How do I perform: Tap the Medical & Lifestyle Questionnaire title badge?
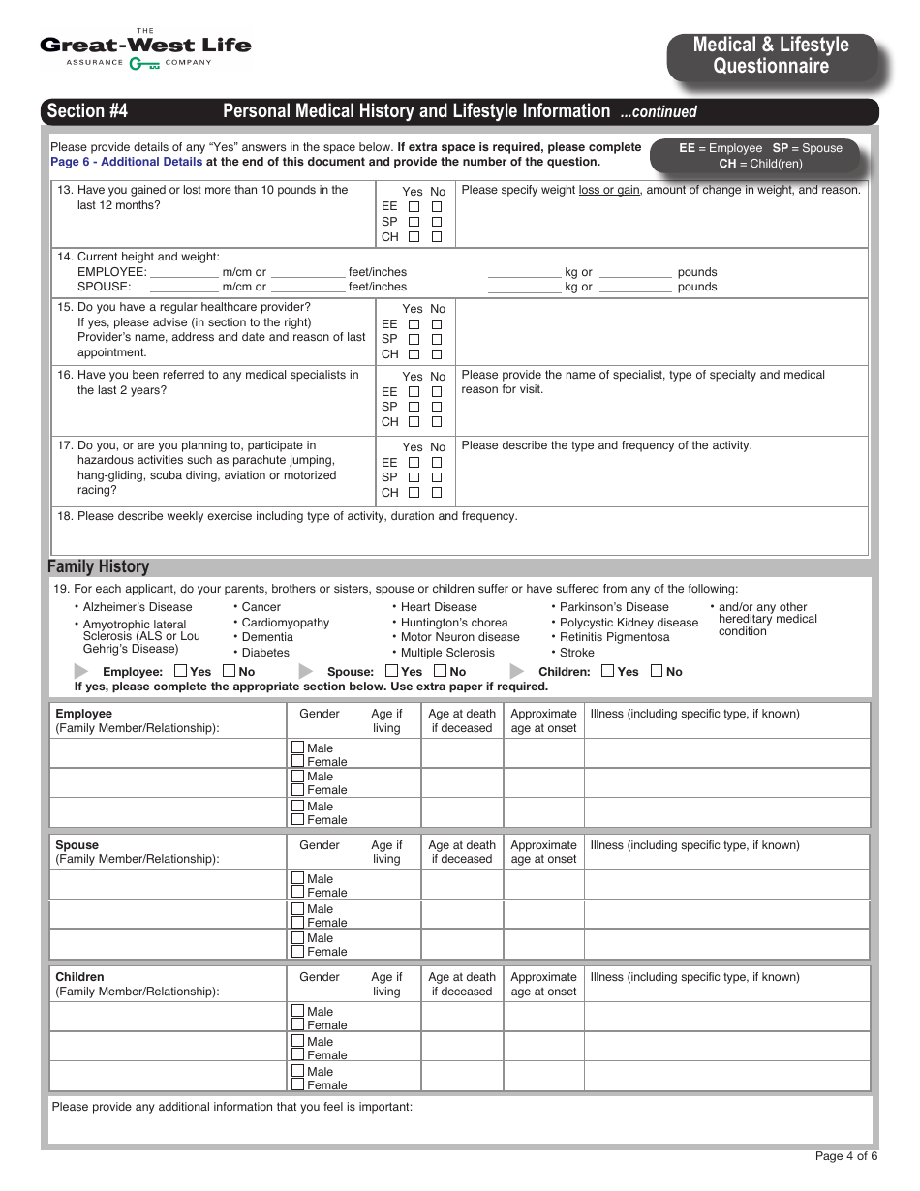pos(771,56)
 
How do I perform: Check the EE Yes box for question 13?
pos(414,207)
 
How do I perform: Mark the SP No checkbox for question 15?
pos(437,340)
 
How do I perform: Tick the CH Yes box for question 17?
pos(414,493)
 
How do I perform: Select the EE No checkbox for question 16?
pos(437,392)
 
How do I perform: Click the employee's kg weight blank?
pos(524,273)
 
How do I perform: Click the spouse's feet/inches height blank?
pos(308,288)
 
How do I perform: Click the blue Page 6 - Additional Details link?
pos(127,162)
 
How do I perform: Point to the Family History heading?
pos(99,566)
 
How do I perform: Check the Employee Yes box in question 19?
pos(181,671)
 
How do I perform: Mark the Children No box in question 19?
pos(657,671)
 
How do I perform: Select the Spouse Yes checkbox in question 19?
pos(392,671)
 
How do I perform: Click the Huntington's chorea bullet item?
pos(453,623)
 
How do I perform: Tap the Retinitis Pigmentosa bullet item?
pos(614,637)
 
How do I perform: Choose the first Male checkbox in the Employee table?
pos(298,748)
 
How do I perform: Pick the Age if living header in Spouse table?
pos(386,852)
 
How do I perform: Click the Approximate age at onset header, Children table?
pos(543,984)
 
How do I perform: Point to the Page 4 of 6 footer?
pos(845,1156)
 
